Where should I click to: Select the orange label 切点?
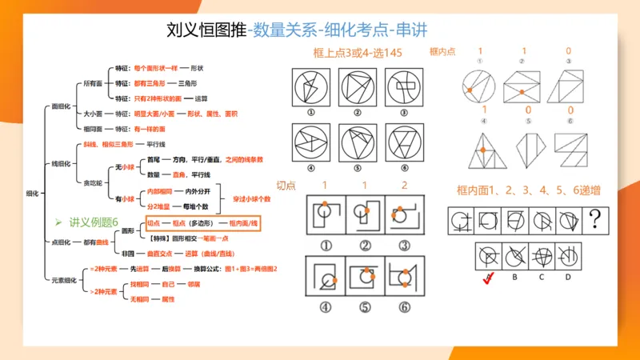click(x=286, y=185)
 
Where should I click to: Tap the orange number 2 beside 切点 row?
click(x=404, y=186)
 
